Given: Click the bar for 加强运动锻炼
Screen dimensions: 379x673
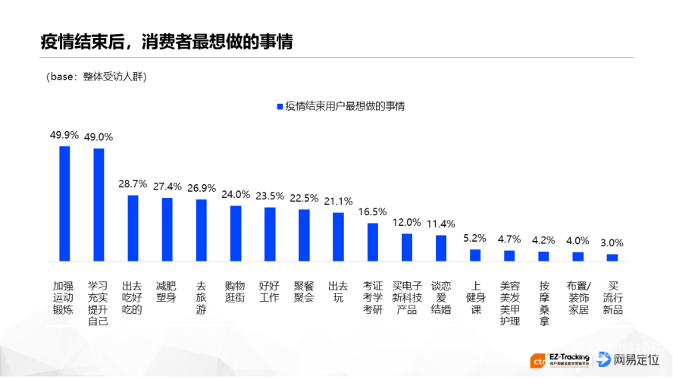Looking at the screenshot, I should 64,203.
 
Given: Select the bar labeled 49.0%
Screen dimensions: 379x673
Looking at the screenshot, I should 99,205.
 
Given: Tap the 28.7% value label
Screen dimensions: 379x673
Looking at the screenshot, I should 133,183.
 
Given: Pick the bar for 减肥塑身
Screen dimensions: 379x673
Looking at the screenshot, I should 167,230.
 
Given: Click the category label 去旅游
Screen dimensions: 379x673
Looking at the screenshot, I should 201,297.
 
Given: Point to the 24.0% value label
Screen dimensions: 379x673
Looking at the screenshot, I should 236,194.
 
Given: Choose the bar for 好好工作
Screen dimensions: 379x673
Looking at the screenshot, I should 270,234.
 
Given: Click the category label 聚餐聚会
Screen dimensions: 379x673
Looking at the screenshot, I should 304,292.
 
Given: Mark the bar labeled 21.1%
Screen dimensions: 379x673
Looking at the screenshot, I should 338,236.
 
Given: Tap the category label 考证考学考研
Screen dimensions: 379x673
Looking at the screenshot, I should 372,297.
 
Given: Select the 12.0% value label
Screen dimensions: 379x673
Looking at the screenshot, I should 406,222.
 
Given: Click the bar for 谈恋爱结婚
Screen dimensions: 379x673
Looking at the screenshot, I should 441,248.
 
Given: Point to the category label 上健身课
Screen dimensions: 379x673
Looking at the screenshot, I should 475,297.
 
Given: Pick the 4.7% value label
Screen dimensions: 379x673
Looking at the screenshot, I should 509,239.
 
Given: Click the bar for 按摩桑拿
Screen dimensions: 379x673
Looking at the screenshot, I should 543,256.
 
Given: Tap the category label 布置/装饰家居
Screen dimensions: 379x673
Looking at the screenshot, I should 578,297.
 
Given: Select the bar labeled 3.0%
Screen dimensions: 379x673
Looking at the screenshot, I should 612,258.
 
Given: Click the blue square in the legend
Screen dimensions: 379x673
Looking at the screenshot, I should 279,107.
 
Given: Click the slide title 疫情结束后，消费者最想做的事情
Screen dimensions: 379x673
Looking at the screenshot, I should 166,41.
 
